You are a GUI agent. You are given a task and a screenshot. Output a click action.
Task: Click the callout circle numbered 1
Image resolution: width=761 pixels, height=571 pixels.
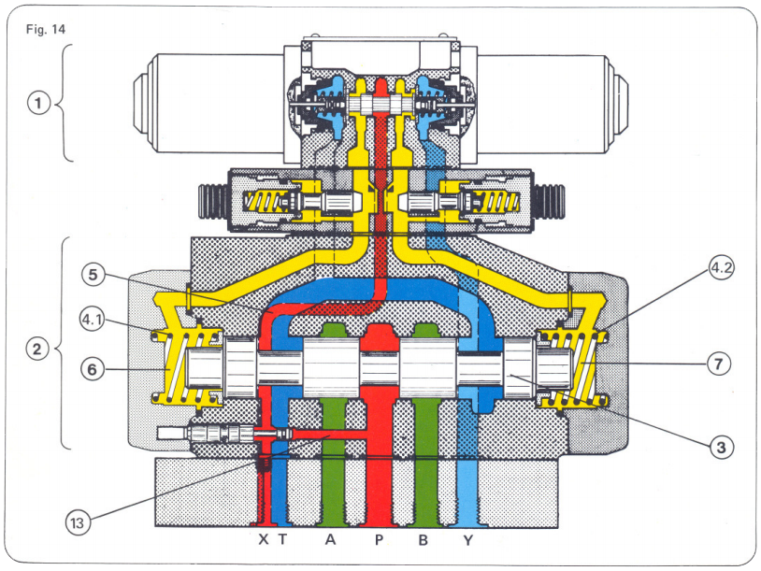[x=38, y=103]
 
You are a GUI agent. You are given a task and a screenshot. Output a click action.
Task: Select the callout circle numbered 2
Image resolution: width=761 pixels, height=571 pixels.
[x=37, y=350]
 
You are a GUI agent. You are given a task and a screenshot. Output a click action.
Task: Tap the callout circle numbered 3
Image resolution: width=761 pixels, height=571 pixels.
[x=719, y=448]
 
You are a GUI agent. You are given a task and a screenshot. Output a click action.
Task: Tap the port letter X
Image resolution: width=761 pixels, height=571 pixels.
[x=263, y=541]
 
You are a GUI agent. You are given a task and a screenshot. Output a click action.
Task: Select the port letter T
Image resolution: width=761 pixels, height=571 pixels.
[x=281, y=541]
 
